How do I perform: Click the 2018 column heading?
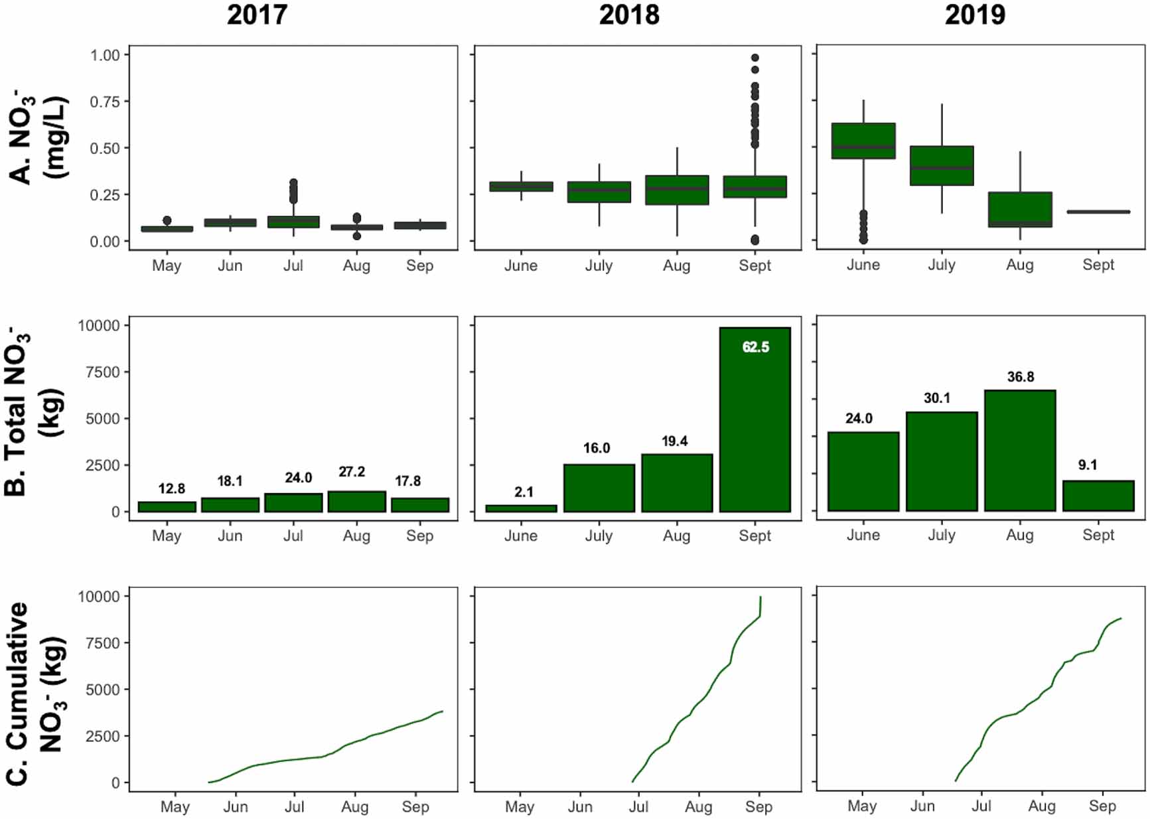629,15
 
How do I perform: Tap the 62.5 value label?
756,347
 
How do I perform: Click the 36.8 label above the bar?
1020,377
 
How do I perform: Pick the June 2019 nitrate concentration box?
863,141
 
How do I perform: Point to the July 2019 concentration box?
941,165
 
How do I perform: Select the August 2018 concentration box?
676,190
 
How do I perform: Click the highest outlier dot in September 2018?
755,58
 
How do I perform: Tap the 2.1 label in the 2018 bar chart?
524,492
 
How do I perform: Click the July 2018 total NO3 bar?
599,488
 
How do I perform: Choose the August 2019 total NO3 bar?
1020,451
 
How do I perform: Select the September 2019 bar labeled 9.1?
1098,496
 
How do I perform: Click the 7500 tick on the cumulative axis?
102,642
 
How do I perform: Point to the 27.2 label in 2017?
352,472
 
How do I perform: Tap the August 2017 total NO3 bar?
356,502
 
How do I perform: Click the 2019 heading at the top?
975,15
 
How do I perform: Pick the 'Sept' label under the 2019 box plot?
1098,265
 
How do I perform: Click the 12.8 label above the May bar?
171,489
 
